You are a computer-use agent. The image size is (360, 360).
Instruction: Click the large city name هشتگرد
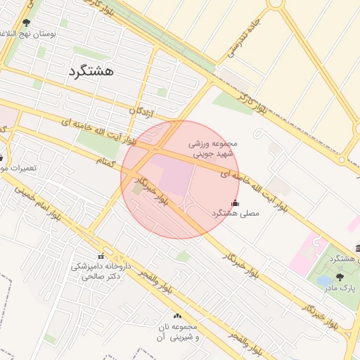(x=92, y=71)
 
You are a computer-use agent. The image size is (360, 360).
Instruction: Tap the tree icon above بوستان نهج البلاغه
(x=27, y=22)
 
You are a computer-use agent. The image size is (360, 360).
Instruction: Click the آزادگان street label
(x=141, y=111)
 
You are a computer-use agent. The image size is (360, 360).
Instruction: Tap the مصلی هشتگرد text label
(x=236, y=212)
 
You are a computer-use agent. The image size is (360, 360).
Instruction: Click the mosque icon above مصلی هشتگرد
(x=235, y=202)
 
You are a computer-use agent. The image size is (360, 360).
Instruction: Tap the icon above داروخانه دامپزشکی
(x=101, y=256)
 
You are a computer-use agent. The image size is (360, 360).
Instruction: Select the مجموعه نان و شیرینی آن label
(x=176, y=333)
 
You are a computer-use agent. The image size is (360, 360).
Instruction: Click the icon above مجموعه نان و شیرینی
(x=176, y=317)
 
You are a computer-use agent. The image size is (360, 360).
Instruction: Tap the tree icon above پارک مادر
(x=341, y=277)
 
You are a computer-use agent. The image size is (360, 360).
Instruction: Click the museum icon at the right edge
(x=357, y=248)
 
